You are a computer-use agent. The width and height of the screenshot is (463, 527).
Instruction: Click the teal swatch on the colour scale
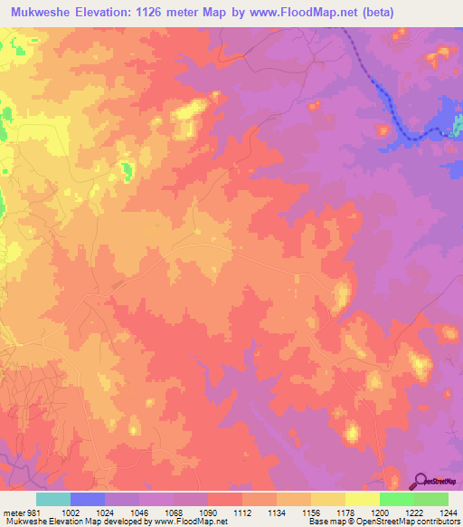click(x=53, y=499)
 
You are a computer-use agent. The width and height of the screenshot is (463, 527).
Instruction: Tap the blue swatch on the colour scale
click(x=88, y=499)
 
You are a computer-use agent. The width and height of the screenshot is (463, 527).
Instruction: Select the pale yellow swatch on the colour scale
click(x=363, y=499)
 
